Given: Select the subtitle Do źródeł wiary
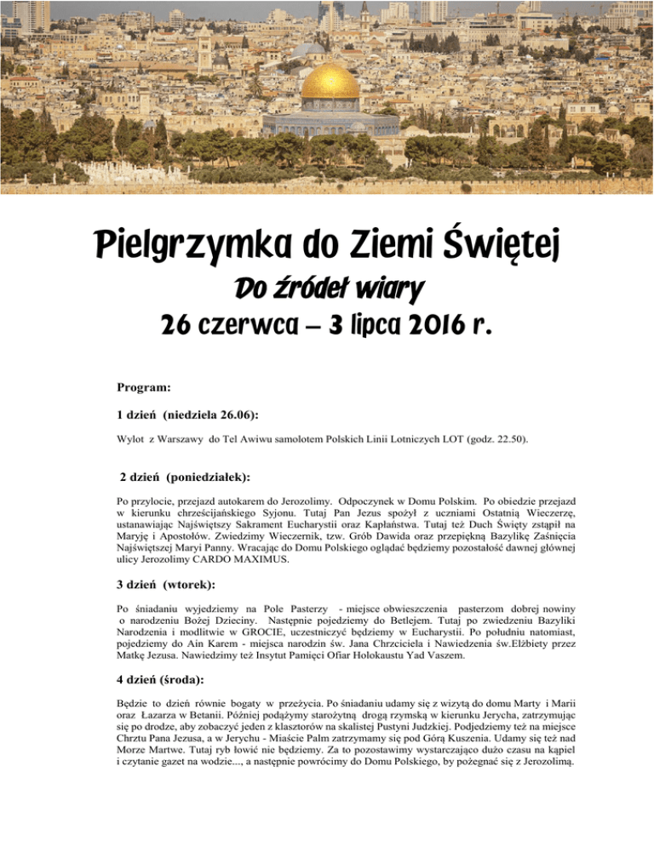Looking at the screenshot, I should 328,290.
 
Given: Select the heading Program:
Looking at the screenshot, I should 145,387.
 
